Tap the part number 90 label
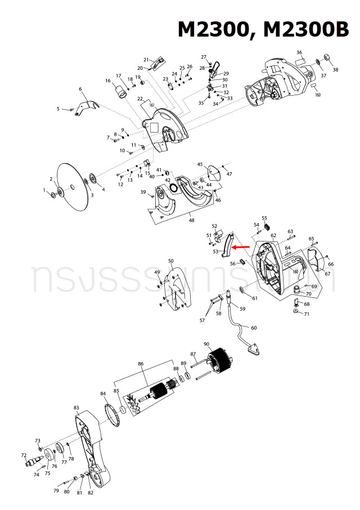pyautogui.click(x=206, y=345)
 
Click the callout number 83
pyautogui.click(x=76, y=408)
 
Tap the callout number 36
pyautogui.click(x=299, y=52)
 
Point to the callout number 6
pyautogui.click(x=80, y=89)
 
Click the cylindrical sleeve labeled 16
pyautogui.click(x=119, y=90)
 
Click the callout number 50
pyautogui.click(x=171, y=261)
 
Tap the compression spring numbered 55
pyautogui.click(x=265, y=226)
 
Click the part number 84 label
pyautogui.click(x=103, y=393)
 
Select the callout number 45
pyautogui.click(x=200, y=164)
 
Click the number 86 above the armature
pyautogui.click(x=141, y=365)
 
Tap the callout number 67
pyautogui.click(x=327, y=274)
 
